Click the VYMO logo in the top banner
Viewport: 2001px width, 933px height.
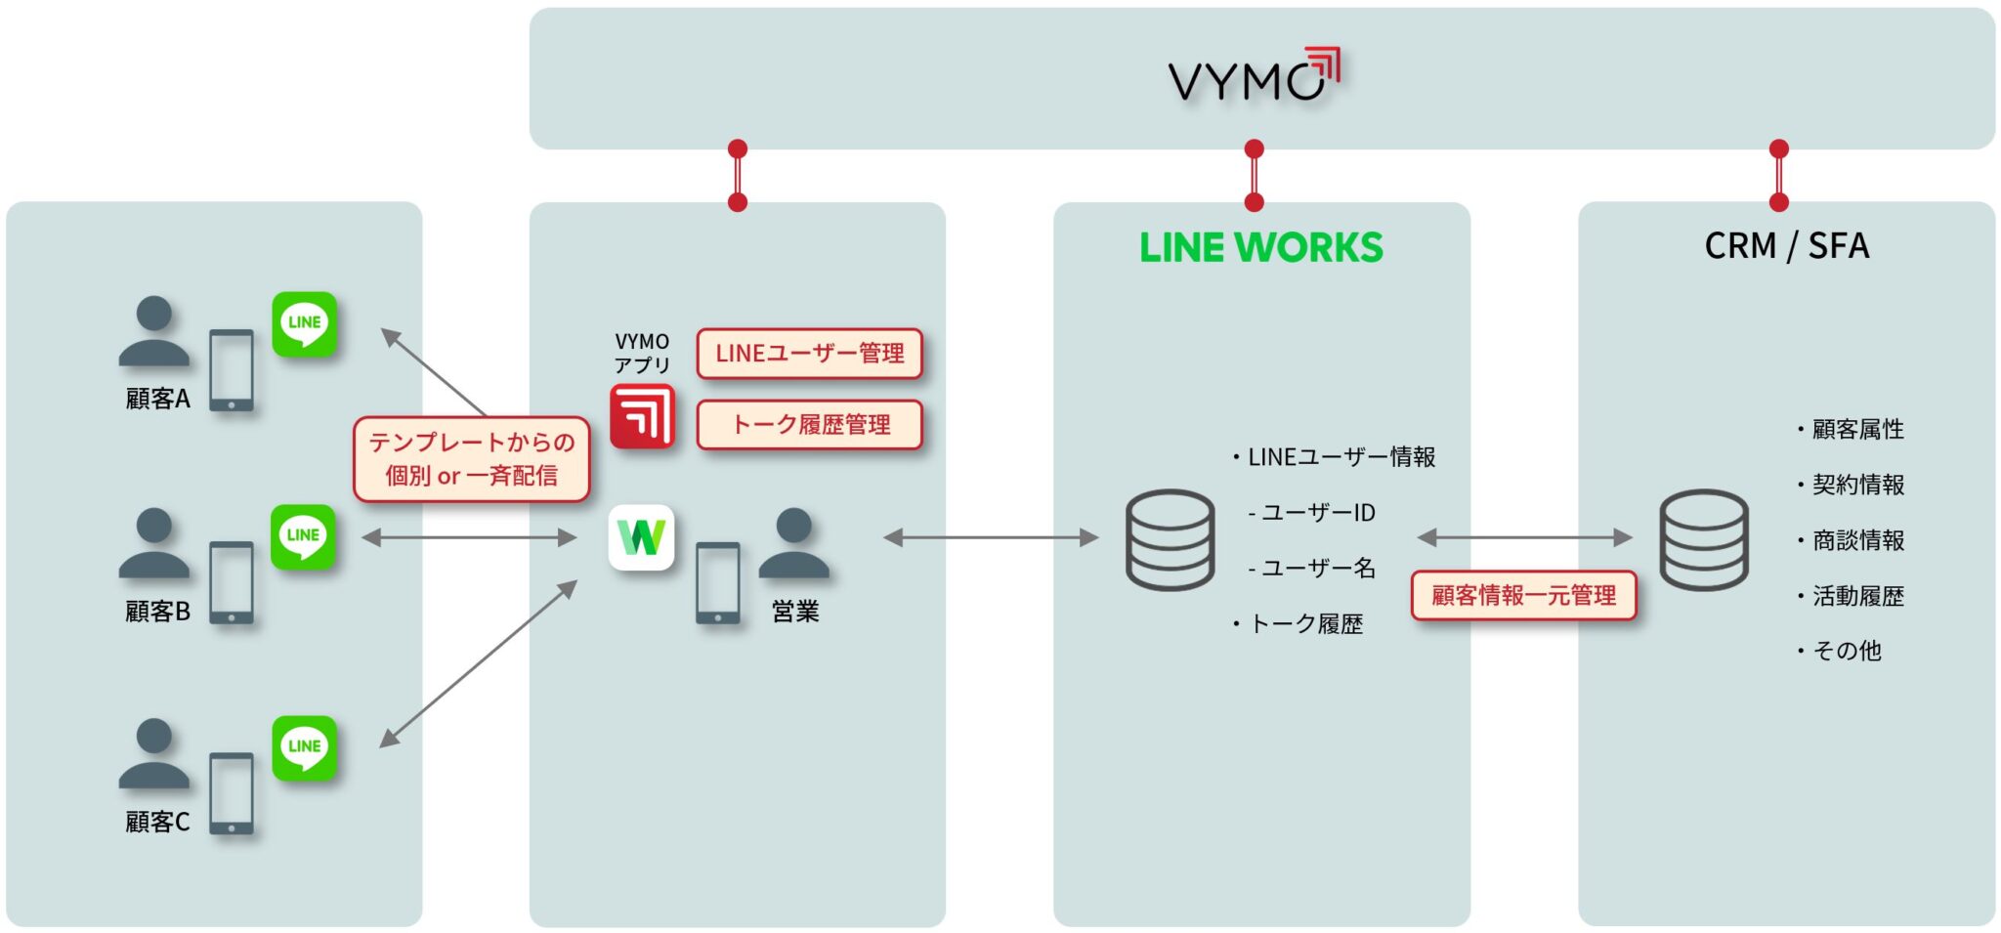click(x=1254, y=76)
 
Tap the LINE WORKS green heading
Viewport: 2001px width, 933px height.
click(x=1260, y=247)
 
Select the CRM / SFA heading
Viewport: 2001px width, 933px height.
click(x=1786, y=245)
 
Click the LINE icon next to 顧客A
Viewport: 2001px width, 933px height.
click(x=305, y=323)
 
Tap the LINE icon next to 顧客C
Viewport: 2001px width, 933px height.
click(x=305, y=747)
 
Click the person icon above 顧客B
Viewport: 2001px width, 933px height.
click(x=154, y=542)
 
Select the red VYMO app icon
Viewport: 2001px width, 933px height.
click(x=642, y=416)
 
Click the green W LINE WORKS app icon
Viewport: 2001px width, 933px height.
click(x=641, y=537)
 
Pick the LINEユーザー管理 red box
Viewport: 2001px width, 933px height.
click(x=809, y=354)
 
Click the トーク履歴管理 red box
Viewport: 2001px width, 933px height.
click(x=809, y=425)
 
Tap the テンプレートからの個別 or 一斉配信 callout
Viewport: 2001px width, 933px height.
click(x=471, y=459)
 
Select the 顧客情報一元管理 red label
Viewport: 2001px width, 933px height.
click(x=1523, y=595)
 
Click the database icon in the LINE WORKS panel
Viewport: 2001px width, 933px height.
click(x=1170, y=539)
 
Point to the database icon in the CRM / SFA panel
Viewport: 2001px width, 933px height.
click(x=1704, y=539)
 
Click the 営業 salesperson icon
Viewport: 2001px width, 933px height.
click(x=793, y=542)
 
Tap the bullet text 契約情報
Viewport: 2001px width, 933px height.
click(x=1857, y=485)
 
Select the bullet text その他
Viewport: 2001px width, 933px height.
click(x=1846, y=651)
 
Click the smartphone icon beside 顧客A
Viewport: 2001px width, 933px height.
click(x=232, y=370)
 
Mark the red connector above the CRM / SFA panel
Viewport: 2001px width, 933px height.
click(x=1778, y=176)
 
